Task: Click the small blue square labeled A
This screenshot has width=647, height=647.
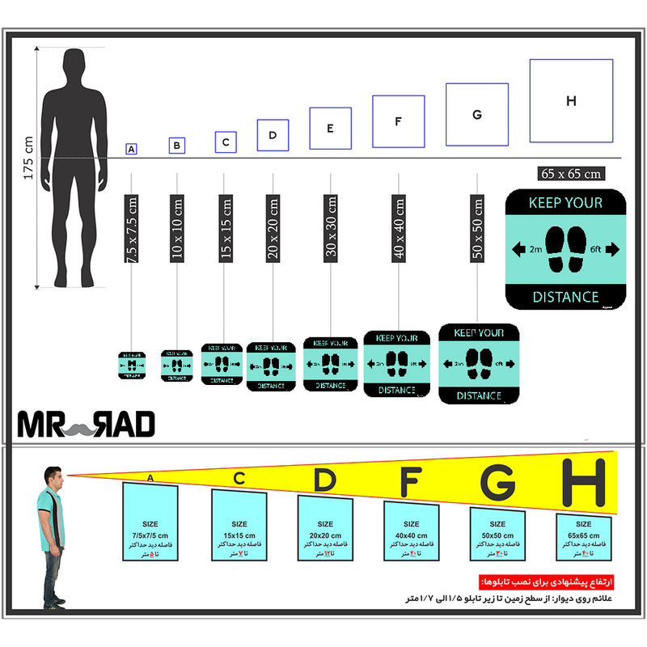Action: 131,149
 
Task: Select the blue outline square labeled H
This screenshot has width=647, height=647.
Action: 571,101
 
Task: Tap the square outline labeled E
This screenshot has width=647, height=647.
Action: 330,129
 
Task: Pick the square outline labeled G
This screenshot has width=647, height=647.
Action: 477,115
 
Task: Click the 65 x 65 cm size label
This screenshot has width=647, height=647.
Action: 572,173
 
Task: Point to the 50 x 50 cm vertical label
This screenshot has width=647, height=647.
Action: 478,229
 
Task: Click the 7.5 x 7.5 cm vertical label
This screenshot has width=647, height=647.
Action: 132,229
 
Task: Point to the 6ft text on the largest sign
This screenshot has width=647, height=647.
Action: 598,250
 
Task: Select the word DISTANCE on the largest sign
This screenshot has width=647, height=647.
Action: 566,298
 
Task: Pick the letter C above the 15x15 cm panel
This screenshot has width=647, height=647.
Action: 239,478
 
